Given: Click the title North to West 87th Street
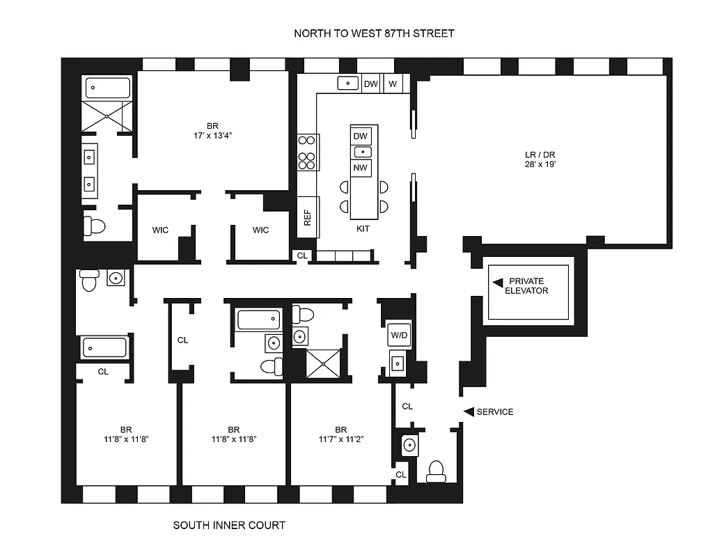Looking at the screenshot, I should click(x=374, y=33).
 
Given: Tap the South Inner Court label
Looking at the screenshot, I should click(x=229, y=525).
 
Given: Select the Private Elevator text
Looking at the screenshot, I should click(x=533, y=285).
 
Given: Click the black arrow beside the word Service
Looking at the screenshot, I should click(x=469, y=411).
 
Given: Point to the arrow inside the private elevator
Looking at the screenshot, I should click(x=497, y=283).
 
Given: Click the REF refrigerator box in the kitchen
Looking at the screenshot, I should click(x=307, y=217).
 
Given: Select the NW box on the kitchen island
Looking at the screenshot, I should click(x=361, y=168).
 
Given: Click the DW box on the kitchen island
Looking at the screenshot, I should click(x=361, y=136).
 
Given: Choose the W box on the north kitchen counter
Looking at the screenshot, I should click(x=393, y=84).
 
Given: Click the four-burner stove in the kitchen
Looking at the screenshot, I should click(x=307, y=152).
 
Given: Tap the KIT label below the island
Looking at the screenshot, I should click(x=363, y=228).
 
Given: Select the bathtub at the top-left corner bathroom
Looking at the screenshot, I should click(x=108, y=88).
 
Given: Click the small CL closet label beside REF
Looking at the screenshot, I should click(x=301, y=256).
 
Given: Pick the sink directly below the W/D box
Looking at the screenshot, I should click(x=398, y=363).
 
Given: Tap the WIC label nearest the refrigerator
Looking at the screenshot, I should click(x=260, y=230).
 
